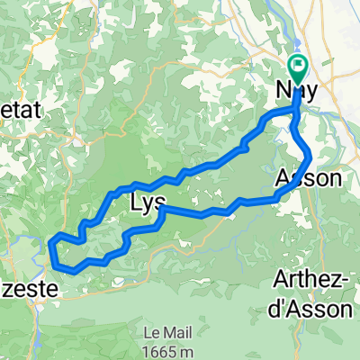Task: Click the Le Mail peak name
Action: click(163, 330)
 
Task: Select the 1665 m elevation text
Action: click(163, 347)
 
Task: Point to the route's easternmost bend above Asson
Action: click(310, 155)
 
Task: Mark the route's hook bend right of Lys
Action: click(161, 211)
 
